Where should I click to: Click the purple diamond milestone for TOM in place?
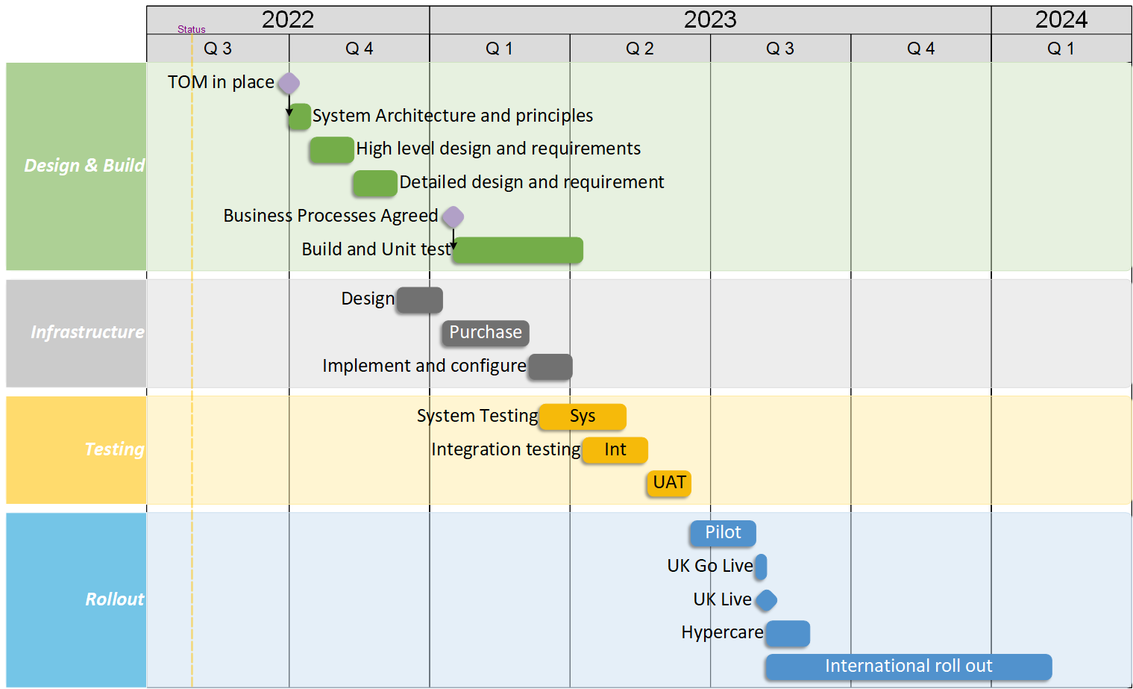click(289, 83)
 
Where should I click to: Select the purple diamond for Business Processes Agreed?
click(453, 217)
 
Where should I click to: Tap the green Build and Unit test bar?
click(518, 250)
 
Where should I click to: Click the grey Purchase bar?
click(486, 333)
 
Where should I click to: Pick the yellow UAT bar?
click(669, 483)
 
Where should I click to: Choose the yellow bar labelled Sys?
click(583, 417)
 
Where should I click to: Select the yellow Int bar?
click(615, 450)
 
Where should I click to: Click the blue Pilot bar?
click(723, 533)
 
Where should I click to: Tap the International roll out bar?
click(908, 667)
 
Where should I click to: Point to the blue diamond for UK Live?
click(766, 600)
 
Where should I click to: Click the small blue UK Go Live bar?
click(761, 567)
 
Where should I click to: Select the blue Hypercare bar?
click(788, 634)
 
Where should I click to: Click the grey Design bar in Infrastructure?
click(420, 300)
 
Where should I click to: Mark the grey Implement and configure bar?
click(550, 367)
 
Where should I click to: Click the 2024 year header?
click(1061, 19)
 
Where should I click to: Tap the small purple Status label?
click(192, 30)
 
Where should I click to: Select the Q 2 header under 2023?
click(640, 49)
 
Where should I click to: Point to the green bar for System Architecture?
click(299, 116)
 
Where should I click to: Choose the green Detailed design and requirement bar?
click(375, 183)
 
